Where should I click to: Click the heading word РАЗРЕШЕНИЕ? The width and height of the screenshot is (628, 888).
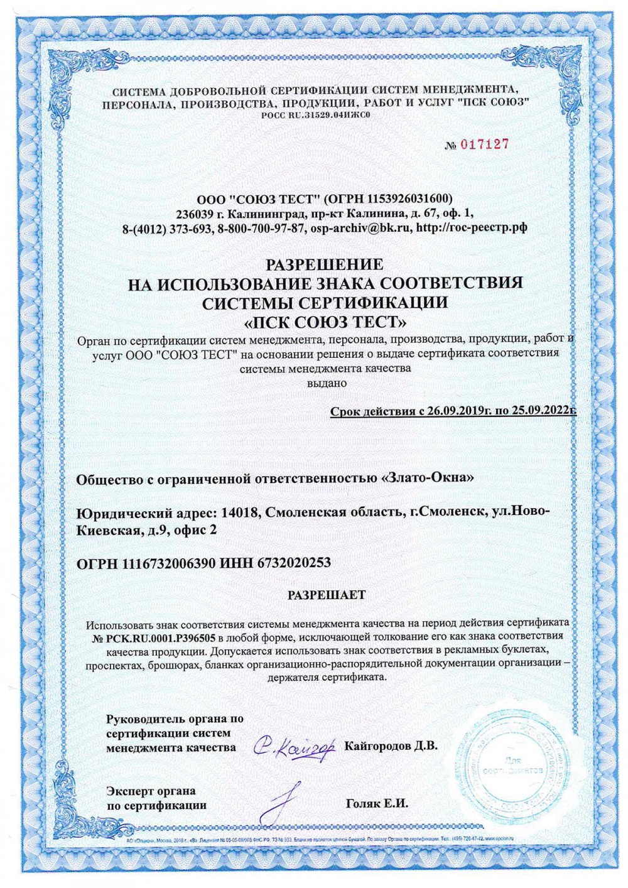325,264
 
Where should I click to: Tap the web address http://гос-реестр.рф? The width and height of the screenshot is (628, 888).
472,228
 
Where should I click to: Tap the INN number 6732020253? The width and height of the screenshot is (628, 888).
293,563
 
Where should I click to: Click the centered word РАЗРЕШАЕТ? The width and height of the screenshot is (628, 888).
327,595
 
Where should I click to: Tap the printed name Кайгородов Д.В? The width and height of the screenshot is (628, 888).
391,746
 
